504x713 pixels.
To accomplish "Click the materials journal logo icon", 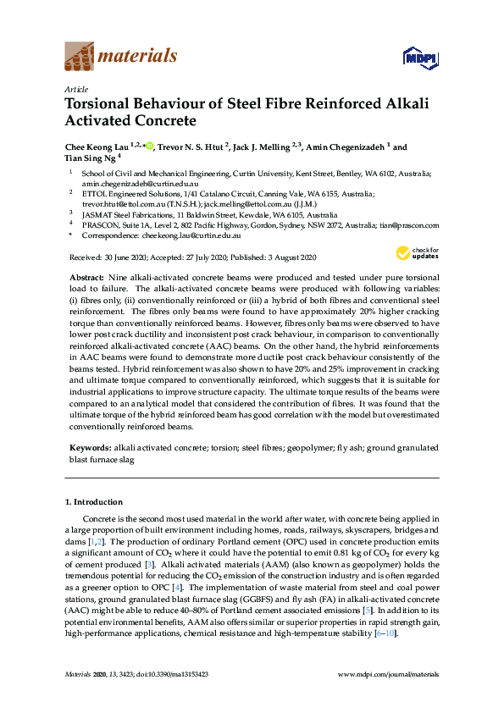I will [x=80, y=57].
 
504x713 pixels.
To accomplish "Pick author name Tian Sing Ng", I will [x=90, y=158].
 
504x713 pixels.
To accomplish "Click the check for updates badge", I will [x=418, y=253].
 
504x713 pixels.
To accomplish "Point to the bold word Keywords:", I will [x=88, y=446].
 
